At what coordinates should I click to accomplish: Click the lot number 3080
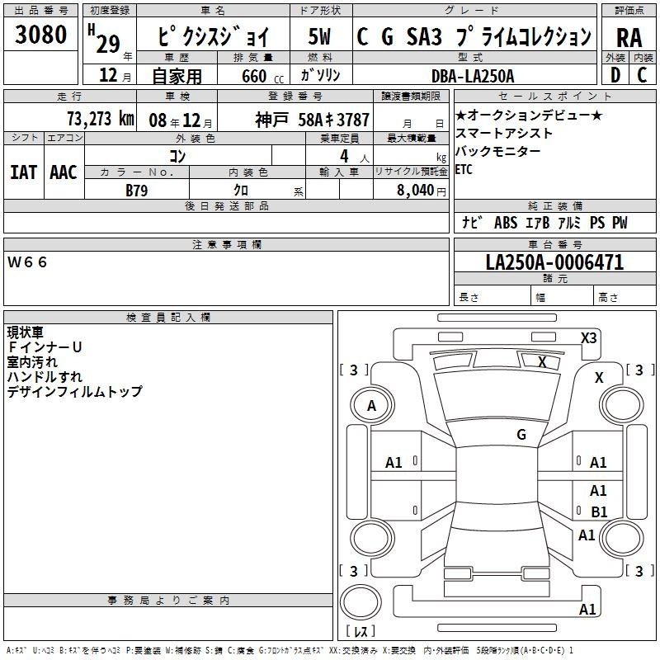40,34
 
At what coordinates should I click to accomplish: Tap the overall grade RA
629,38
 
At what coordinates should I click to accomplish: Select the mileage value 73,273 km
101,119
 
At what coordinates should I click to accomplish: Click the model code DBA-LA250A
473,76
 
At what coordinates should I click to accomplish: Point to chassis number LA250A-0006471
554,262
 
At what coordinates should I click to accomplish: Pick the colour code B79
137,191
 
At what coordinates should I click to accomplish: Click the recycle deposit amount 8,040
416,191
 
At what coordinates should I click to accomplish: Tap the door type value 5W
319,36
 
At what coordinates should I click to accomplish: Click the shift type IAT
23,172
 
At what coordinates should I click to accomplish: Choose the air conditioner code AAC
64,172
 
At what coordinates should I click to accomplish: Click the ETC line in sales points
464,169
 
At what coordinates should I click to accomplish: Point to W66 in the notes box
27,262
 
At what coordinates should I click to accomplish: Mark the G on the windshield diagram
521,435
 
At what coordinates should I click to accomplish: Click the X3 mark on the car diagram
588,338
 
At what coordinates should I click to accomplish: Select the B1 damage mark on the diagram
599,511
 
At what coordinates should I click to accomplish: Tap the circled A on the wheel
372,406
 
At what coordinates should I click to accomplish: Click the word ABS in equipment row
506,223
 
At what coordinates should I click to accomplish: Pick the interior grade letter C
642,75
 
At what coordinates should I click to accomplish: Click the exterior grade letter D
615,75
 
